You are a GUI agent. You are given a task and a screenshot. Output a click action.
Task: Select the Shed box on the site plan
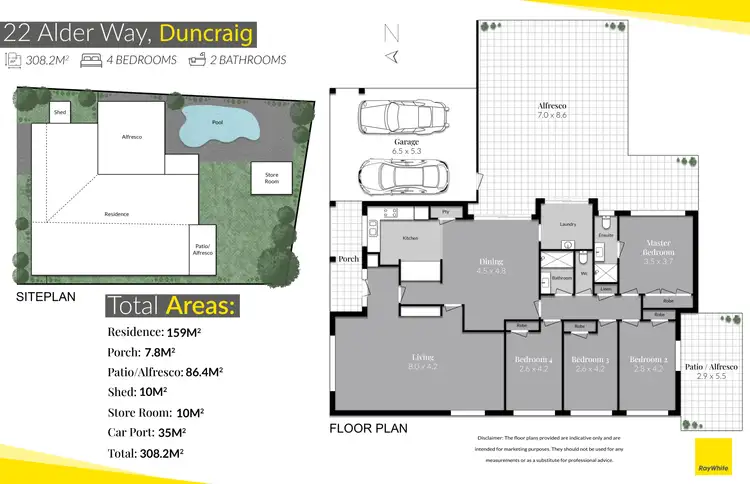(x=60, y=112)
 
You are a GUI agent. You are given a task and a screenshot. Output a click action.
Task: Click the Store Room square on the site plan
(x=270, y=180)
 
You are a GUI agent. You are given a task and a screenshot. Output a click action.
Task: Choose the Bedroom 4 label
(x=535, y=362)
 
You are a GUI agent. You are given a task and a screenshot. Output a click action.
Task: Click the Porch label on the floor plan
(x=349, y=259)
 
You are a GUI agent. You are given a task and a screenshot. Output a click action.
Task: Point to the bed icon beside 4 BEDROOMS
(x=92, y=60)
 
